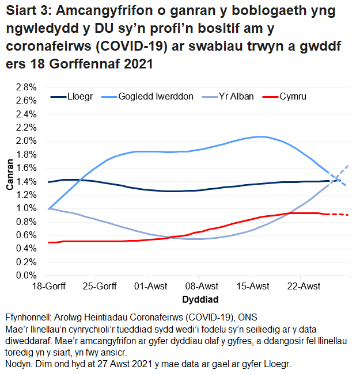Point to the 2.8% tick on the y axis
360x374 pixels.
click(x=26, y=87)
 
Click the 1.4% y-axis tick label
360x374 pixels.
click(x=26, y=182)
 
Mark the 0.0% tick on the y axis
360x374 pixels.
click(x=26, y=276)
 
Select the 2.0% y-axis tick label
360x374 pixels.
click(x=26, y=141)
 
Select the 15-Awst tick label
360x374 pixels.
click(x=253, y=287)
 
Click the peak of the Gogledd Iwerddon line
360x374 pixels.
click(x=260, y=136)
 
